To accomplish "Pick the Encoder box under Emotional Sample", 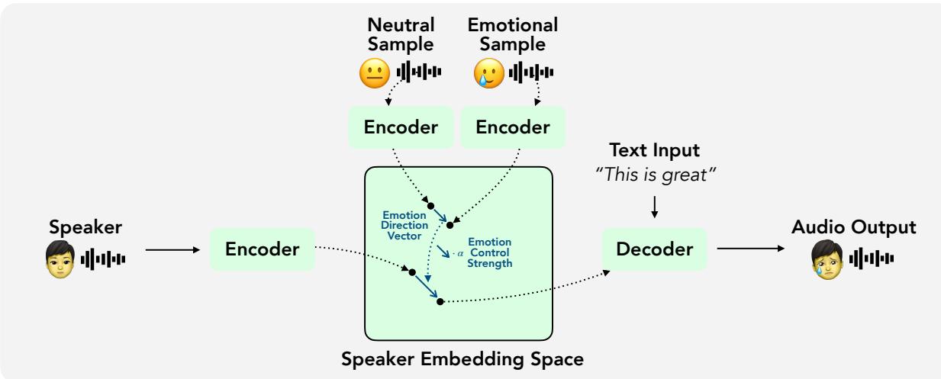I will click(513, 127).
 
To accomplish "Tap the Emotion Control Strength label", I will click(488, 252).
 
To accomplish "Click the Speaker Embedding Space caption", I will click(458, 358).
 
